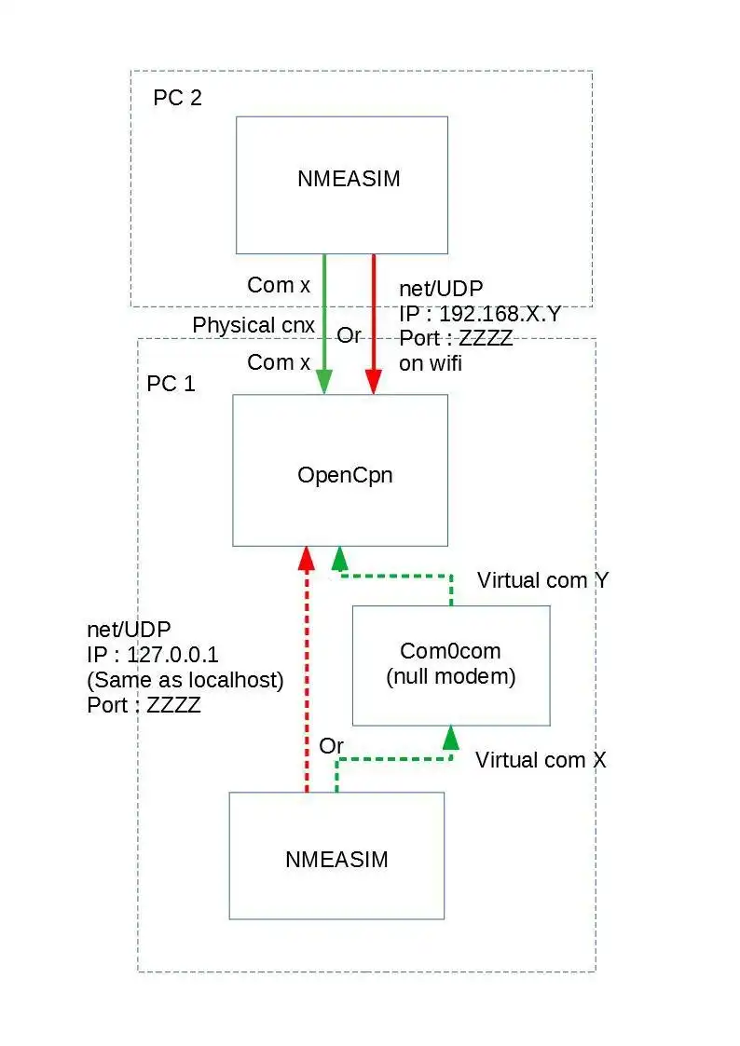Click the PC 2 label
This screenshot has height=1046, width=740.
click(x=177, y=98)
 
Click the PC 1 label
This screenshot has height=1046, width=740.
click(x=171, y=384)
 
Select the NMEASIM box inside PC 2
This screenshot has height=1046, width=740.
click(x=341, y=184)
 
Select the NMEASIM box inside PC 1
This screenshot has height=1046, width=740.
click(x=336, y=856)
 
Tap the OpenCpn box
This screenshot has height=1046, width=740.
click(x=340, y=470)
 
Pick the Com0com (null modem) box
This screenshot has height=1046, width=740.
click(x=451, y=664)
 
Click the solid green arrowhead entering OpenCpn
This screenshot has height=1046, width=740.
click(x=323, y=382)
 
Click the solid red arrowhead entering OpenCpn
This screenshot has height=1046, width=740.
click(x=374, y=382)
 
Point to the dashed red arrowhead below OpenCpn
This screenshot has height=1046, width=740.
click(x=305, y=558)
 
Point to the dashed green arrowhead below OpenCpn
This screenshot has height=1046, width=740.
click(x=339, y=558)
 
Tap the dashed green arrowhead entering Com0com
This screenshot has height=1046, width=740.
click(x=451, y=738)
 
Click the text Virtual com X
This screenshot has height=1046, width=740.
click(x=541, y=760)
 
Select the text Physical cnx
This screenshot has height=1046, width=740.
click(x=254, y=326)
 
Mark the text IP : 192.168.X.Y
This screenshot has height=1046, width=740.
click(x=480, y=314)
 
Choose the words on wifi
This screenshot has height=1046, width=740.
click(x=431, y=363)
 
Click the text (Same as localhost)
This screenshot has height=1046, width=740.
click(x=185, y=681)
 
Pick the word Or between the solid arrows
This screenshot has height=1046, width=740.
click(x=349, y=335)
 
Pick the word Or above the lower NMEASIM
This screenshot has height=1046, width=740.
click(x=331, y=746)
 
